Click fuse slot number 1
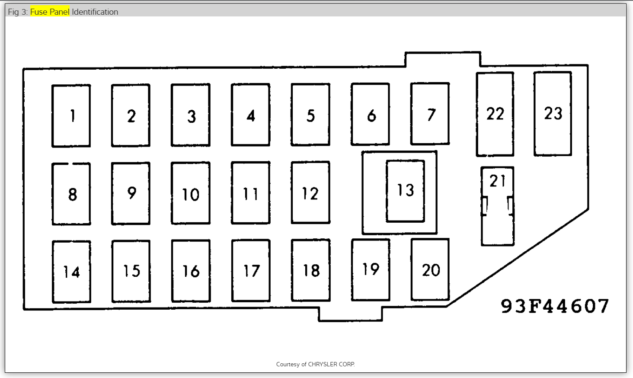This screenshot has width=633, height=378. (x=71, y=116)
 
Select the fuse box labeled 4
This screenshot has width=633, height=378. (x=251, y=115)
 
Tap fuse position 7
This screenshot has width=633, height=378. (x=430, y=114)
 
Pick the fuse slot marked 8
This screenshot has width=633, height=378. (x=71, y=194)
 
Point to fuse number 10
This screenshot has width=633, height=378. (x=191, y=193)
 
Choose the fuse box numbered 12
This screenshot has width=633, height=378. (x=310, y=192)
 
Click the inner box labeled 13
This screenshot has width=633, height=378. (x=406, y=191)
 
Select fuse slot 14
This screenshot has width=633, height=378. (x=72, y=272)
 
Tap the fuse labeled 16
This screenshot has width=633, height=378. (x=191, y=271)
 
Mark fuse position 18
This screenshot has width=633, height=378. (x=311, y=270)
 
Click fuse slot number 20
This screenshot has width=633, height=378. (x=430, y=269)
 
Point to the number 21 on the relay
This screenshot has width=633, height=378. (x=497, y=181)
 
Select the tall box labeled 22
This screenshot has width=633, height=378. (x=495, y=114)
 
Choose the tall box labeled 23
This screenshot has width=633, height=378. (x=553, y=113)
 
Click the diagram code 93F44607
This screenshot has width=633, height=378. (x=555, y=306)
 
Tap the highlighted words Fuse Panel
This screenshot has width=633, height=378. (x=50, y=12)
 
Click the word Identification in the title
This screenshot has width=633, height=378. (x=95, y=12)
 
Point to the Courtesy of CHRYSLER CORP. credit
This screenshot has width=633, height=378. (x=316, y=364)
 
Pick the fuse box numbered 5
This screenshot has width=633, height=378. (x=310, y=115)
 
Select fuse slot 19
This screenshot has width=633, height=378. (x=371, y=270)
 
